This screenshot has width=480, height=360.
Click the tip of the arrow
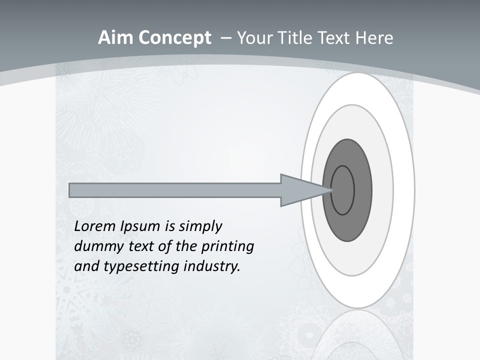(332, 190)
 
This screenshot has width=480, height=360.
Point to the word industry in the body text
(212, 266)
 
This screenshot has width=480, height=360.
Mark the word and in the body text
(86, 266)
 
